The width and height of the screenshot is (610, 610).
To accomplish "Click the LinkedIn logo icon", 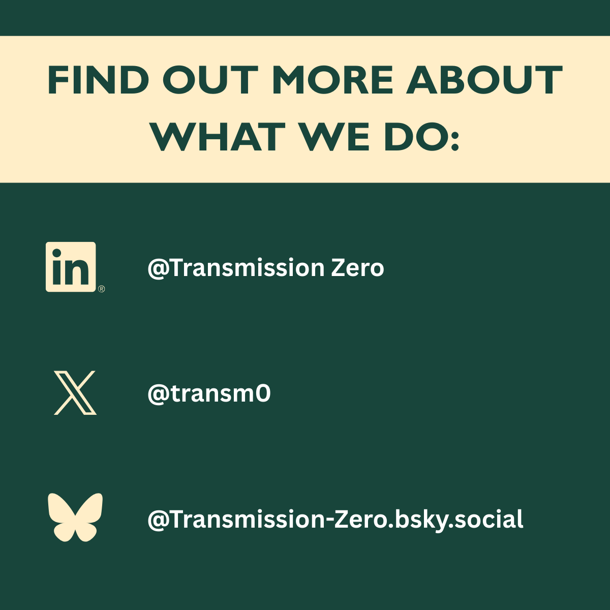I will [x=71, y=267].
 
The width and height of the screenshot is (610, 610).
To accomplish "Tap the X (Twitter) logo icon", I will [x=75, y=393].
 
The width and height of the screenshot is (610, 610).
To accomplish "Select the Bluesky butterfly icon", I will [x=75, y=517].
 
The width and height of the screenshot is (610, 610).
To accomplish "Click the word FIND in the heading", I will [x=98, y=81].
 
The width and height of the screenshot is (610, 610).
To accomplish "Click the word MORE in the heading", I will [x=333, y=81].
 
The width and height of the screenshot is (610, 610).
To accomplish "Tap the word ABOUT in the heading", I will [x=484, y=81].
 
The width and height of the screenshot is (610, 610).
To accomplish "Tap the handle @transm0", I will [x=209, y=393].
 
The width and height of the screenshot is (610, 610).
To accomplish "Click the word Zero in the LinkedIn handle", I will [x=357, y=267].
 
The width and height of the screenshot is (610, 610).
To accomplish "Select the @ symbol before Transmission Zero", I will [x=158, y=268].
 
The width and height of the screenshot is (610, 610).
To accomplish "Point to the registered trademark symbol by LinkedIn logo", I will [x=101, y=289].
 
